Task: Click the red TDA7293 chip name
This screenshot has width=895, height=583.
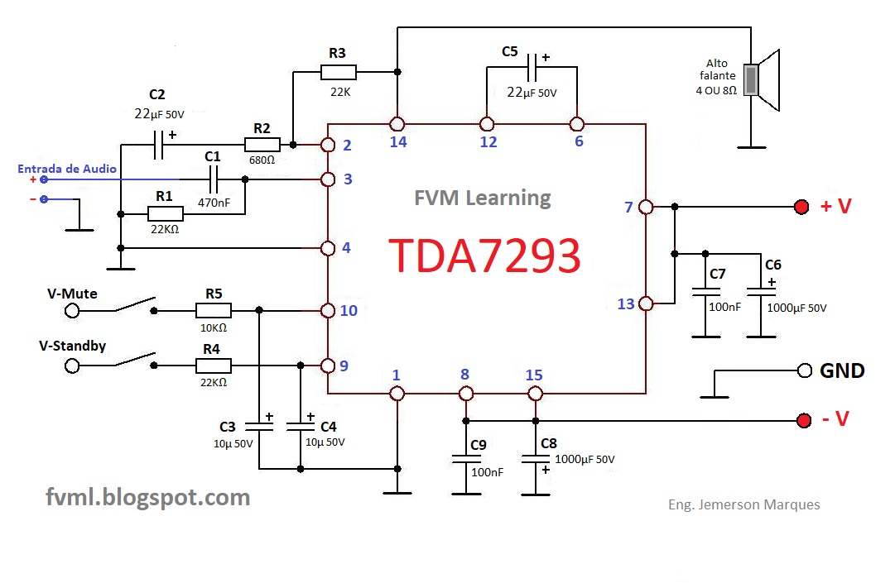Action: coord(485,256)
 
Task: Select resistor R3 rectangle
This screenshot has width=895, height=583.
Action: coord(338,72)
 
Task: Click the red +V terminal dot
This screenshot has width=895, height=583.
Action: coord(801,207)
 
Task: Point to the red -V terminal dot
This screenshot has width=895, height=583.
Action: coord(802,421)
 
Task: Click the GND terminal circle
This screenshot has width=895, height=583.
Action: coord(804,371)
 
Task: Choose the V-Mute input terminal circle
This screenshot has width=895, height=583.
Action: coord(72,311)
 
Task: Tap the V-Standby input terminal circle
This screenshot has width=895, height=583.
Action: coord(72,365)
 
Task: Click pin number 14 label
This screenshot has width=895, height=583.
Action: coord(397,142)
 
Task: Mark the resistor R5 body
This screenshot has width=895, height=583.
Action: coord(214,311)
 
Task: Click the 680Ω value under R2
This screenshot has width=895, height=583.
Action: coord(262,160)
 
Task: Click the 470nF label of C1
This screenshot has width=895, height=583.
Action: coord(214,200)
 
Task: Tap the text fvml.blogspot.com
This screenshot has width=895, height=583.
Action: coord(147,497)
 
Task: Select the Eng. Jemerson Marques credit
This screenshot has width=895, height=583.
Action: coord(743,504)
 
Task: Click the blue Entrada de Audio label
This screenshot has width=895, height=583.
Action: coord(67,169)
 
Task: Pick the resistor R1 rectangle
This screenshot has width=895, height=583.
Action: coord(166,214)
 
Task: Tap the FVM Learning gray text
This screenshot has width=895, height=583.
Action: coord(482,198)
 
